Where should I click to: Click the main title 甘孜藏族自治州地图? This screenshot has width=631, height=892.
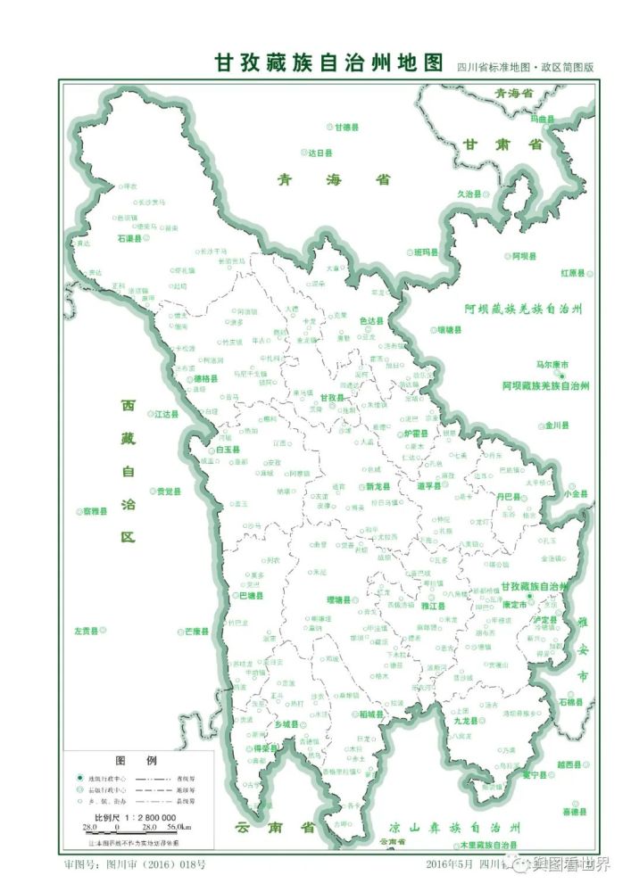coord(328,63)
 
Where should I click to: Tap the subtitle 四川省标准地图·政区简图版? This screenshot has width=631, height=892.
coord(525,67)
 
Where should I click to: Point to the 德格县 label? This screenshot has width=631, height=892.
coord(205,378)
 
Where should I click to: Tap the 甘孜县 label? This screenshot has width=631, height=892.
coord(332,398)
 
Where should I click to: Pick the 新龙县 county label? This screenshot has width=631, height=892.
coord(379,487)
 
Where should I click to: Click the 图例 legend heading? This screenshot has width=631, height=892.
coord(137,761)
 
